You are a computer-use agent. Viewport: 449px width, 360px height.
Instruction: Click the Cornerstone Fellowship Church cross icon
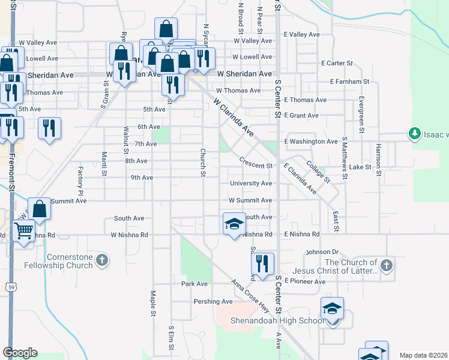coord(102,260)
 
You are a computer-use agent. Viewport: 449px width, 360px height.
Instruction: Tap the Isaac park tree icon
coord(414,133)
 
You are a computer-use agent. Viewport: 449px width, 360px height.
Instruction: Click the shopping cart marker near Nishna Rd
coord(23,230)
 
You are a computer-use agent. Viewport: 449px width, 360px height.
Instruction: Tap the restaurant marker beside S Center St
coord(262,263)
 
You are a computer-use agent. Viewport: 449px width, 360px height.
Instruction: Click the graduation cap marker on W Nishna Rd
coord(234,224)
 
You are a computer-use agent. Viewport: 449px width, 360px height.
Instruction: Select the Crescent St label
coord(256,162)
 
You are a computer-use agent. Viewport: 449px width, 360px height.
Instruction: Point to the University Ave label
coord(251,184)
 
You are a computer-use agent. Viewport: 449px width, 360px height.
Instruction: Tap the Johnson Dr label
coord(322,252)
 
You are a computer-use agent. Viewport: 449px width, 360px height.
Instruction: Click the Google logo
coord(20,353)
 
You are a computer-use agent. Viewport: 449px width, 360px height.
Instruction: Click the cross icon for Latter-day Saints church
coord(387,265)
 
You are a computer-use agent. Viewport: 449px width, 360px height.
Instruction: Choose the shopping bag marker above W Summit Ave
coord(39,210)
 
